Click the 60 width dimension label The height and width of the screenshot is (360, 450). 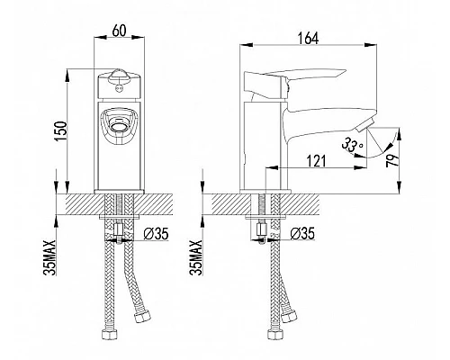(120, 31)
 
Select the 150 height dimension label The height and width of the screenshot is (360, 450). (59, 131)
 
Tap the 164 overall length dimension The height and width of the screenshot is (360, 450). (308, 39)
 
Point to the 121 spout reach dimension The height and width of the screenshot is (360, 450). (316, 161)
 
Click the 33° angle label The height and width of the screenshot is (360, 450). (352, 146)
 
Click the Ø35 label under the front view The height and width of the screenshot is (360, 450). (156, 234)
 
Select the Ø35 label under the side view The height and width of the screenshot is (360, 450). (302, 233)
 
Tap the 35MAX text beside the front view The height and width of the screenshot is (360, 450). (49, 257)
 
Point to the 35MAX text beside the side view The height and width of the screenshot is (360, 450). (196, 257)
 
